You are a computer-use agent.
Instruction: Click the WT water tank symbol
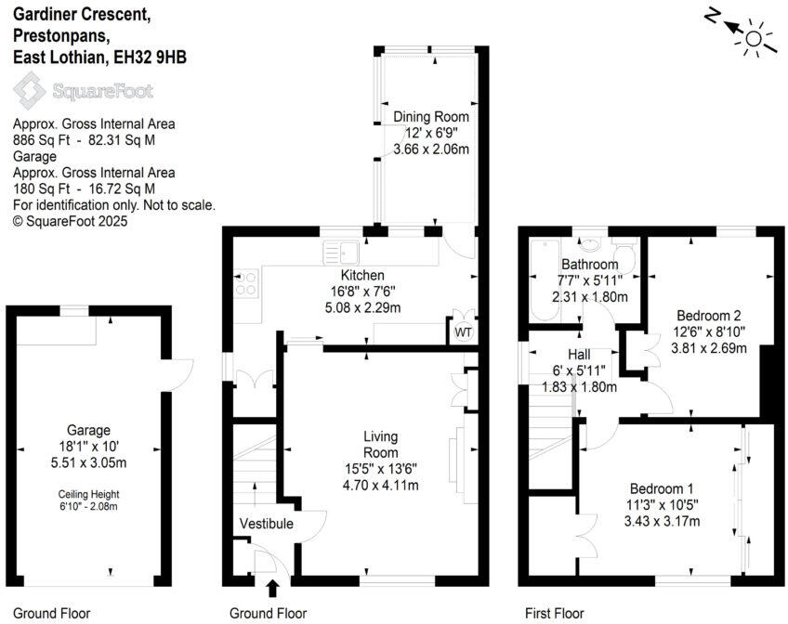(464, 331)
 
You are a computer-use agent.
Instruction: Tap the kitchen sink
(341, 252)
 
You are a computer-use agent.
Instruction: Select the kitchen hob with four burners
(246, 283)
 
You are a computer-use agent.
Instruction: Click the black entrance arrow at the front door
(272, 588)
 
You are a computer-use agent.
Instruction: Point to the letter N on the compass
(712, 18)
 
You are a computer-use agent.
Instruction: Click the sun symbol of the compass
(754, 39)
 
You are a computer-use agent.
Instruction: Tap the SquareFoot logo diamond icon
(30, 91)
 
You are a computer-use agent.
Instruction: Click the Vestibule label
(267, 524)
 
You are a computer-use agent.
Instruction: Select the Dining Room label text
(431, 116)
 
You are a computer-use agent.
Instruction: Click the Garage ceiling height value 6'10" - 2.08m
(88, 506)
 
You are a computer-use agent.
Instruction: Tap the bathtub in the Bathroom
(545, 280)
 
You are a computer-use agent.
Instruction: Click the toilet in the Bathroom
(624, 255)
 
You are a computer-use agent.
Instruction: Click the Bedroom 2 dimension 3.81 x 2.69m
(709, 347)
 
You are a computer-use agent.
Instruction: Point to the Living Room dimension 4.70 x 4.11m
(380, 485)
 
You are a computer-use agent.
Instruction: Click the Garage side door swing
(177, 375)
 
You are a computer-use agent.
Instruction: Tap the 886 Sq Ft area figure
(41, 140)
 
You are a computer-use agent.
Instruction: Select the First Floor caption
(555, 613)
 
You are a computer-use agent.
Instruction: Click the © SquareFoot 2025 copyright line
(71, 221)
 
